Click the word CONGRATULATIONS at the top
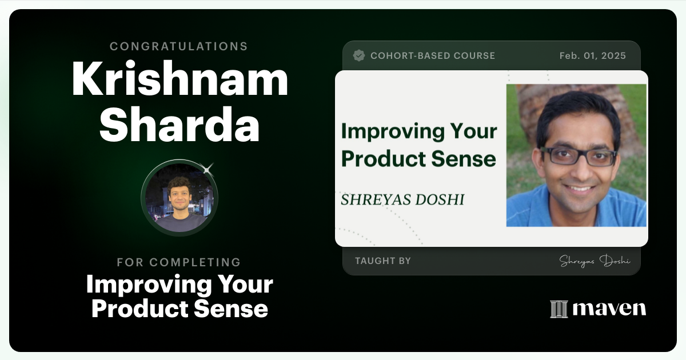[x=179, y=46]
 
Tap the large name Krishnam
[x=180, y=80]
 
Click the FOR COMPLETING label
[x=179, y=262]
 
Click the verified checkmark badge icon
[x=359, y=55]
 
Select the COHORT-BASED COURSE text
[x=433, y=56]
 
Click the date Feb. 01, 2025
[x=592, y=56]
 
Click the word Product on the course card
[x=381, y=159]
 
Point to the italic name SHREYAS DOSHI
[x=402, y=199]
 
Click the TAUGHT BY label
[x=382, y=261]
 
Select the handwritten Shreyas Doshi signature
[x=595, y=261]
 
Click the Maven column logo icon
[x=559, y=309]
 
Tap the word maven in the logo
[x=609, y=309]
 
